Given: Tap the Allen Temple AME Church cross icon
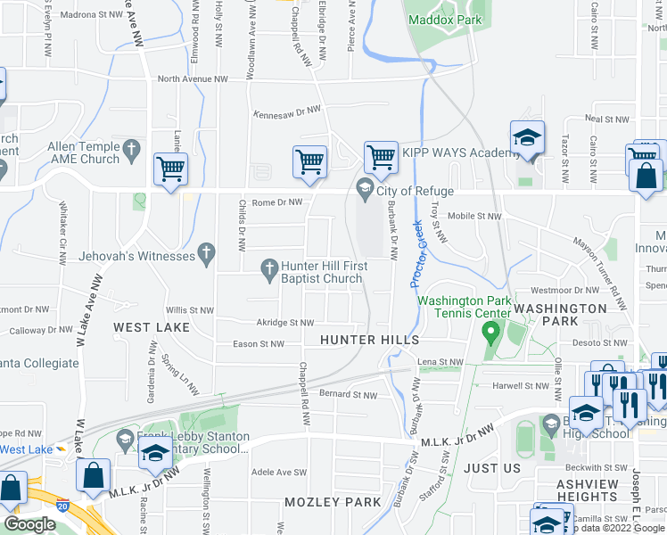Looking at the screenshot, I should (131, 147).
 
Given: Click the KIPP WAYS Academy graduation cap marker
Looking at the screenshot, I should (527, 139).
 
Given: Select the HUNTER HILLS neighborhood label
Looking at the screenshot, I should (369, 340).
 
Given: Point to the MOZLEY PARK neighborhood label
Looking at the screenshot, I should (333, 502).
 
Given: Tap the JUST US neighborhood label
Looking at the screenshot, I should (492, 468).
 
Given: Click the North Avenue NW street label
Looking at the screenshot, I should (192, 79).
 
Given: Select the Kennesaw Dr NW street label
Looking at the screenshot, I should (286, 111).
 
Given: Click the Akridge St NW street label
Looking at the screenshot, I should (284, 323).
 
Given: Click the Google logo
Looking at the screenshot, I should (29, 524).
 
